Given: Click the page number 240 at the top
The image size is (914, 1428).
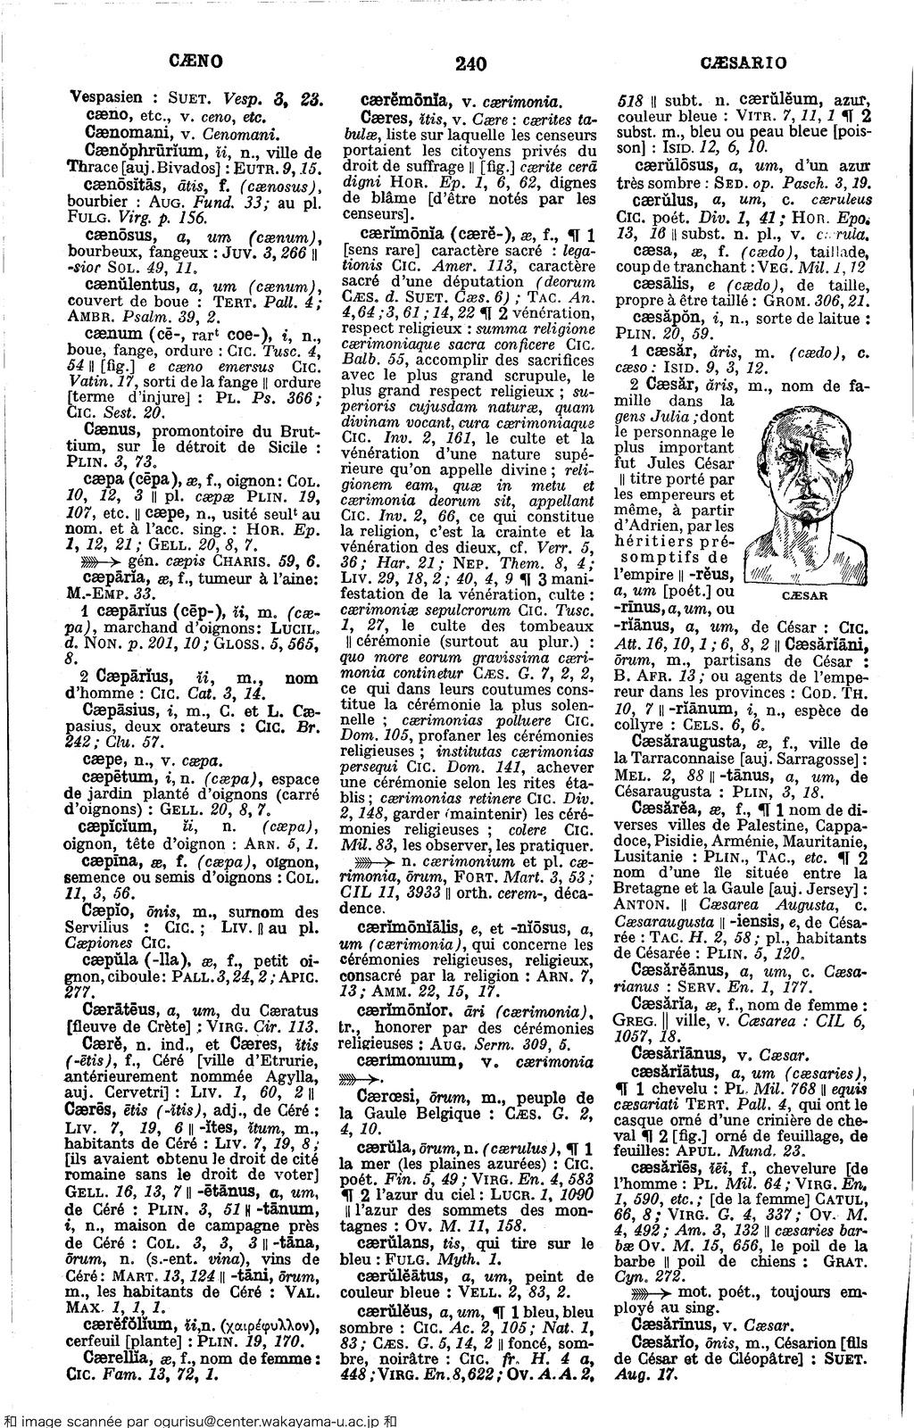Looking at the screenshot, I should click(x=469, y=62).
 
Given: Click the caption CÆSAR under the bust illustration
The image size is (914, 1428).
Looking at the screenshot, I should click(x=808, y=594).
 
